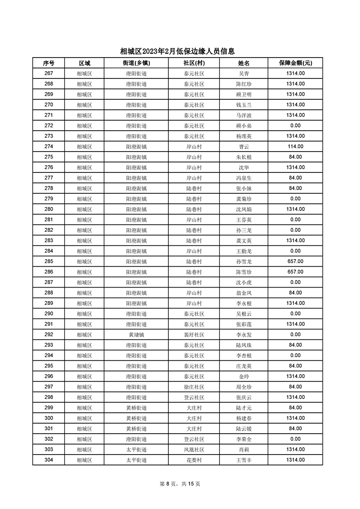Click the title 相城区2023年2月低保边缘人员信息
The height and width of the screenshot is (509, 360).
tap(180, 51)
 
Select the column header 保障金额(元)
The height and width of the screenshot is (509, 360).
tap(295, 63)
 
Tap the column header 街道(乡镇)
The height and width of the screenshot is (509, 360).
tap(136, 63)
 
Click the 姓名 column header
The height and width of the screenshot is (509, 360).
tap(244, 63)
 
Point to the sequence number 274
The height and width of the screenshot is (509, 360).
tap(49, 147)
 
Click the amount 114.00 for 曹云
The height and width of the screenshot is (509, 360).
tap(295, 147)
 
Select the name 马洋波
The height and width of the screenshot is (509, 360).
tap(244, 115)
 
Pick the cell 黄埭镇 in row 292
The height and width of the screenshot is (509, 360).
tap(136, 334)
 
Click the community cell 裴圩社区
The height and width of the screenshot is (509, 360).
tap(194, 334)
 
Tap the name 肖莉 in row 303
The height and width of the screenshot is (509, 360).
tap(244, 450)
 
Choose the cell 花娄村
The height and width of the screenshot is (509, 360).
tap(194, 460)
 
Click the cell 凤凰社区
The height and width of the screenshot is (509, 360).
tap(194, 450)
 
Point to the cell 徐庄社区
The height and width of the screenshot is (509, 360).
tap(194, 387)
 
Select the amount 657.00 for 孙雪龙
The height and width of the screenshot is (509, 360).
tap(295, 261)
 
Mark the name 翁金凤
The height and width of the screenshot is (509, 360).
tap(244, 293)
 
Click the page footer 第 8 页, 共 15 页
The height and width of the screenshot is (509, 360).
tap(180, 484)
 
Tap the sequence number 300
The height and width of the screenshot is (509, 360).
tap(49, 418)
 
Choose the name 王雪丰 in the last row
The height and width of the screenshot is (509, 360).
tap(244, 460)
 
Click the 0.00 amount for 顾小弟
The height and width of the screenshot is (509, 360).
tap(295, 126)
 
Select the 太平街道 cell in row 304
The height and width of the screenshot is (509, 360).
tap(136, 460)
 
